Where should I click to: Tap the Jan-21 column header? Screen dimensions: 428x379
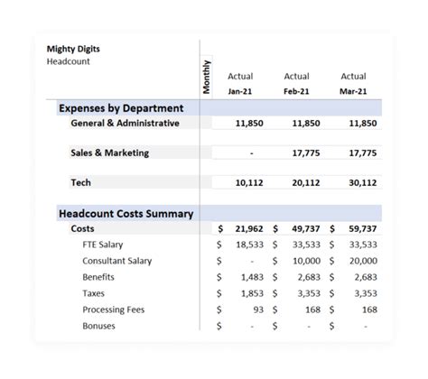point(240,91)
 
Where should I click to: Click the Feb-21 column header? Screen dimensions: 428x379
point(296,91)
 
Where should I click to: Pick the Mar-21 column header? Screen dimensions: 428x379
point(353,91)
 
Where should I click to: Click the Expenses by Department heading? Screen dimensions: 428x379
point(126,107)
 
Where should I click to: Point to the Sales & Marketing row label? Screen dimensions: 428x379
point(109,153)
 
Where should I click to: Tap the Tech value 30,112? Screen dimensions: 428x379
point(362,182)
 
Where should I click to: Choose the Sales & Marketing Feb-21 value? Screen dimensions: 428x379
point(305,153)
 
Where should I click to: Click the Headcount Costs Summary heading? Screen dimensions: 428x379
point(126,214)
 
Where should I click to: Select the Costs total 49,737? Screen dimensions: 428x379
point(305,229)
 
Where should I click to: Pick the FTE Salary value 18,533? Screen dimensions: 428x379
point(248,245)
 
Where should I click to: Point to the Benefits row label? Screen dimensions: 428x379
point(98,277)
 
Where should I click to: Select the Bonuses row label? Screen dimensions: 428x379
point(99,326)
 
